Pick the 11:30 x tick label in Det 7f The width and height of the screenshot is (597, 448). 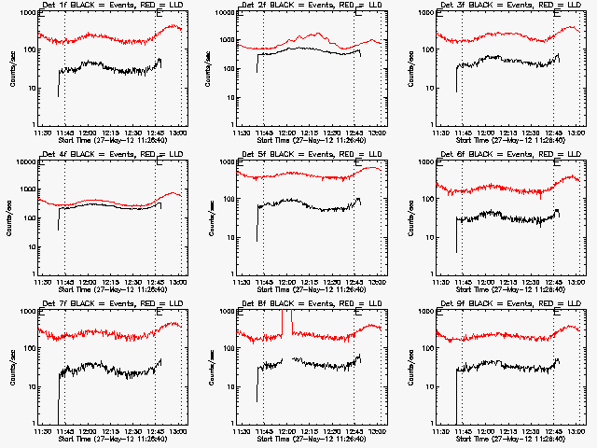(x=41, y=430)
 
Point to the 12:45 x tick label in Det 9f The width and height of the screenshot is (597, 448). (x=555, y=430)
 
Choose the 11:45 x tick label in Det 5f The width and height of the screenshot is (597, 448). (x=263, y=281)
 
